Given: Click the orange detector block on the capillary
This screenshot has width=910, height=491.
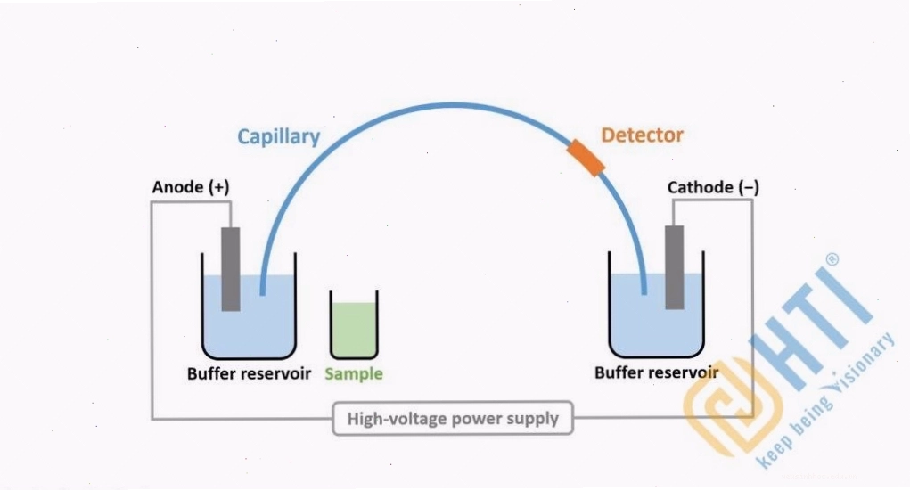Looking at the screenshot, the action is click(x=586, y=158).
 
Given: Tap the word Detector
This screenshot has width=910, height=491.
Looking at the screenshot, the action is click(x=642, y=135).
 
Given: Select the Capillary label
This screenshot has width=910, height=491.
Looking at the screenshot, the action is click(x=279, y=137).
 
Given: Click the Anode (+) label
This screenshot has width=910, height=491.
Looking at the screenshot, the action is click(x=191, y=187).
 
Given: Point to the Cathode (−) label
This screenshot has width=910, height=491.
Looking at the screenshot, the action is click(x=713, y=187).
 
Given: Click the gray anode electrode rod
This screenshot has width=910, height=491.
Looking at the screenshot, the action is click(x=231, y=269).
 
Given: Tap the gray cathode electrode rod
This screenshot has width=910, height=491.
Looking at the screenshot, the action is click(x=675, y=267).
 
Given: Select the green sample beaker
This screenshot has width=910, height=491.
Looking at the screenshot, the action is click(x=354, y=324).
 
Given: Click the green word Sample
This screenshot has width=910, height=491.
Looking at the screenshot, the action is click(x=354, y=373).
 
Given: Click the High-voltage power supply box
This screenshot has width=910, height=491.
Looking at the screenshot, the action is click(x=453, y=418).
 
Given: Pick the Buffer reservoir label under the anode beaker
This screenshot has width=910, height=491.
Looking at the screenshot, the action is click(x=249, y=373).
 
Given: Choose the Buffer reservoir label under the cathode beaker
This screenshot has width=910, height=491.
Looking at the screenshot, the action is click(x=656, y=372).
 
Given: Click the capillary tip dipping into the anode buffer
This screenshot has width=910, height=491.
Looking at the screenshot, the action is click(x=262, y=293).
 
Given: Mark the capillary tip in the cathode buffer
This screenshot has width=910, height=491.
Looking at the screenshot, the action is click(x=644, y=291).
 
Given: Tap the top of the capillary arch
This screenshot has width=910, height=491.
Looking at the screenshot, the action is click(x=453, y=105).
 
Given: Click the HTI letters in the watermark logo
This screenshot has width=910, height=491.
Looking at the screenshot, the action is click(x=813, y=325).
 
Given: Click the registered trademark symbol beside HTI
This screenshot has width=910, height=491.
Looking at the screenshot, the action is click(x=832, y=259).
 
